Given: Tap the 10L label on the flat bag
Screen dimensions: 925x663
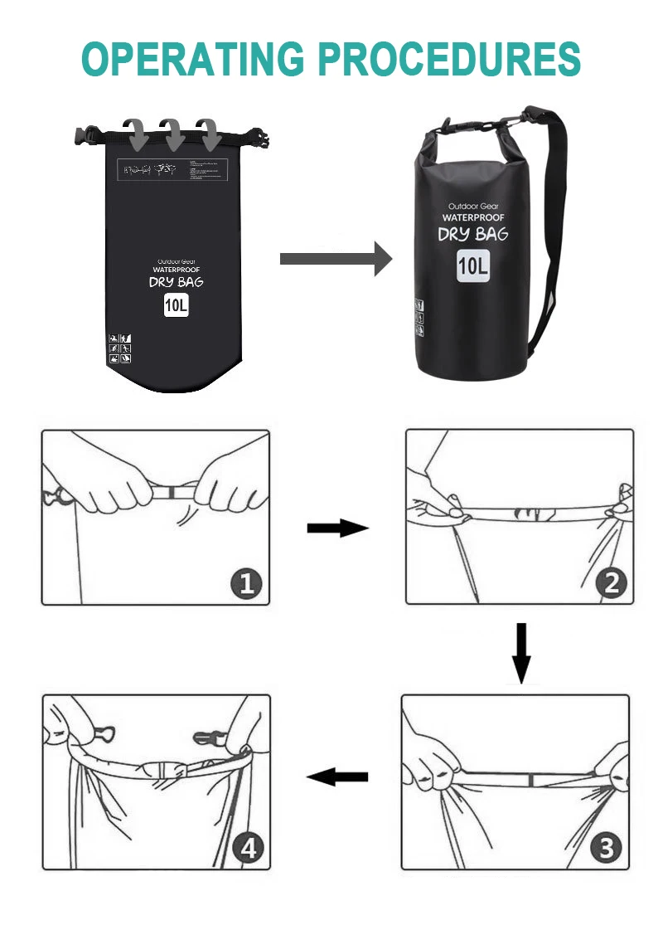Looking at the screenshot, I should click(176, 305).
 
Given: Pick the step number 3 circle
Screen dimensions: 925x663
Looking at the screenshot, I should click(607, 849).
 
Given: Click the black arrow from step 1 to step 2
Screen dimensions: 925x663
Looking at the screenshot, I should click(336, 528).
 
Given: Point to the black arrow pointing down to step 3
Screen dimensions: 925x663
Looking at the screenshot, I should click(520, 654).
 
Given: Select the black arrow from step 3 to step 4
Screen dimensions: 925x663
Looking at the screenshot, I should click(337, 777).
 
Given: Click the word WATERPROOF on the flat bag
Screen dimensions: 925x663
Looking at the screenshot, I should click(176, 270).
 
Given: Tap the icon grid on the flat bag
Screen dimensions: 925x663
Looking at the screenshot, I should click(120, 349).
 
